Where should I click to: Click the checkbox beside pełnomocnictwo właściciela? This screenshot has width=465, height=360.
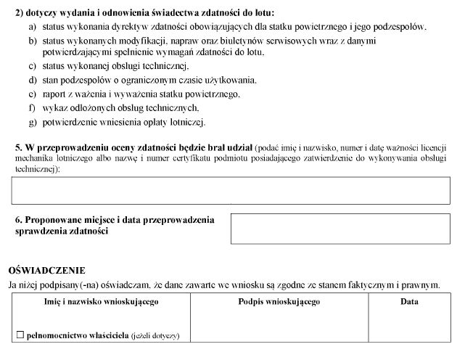click(21, 335)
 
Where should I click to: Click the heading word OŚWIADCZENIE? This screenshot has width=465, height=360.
click(46, 270)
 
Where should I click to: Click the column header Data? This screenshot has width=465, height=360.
click(409, 301)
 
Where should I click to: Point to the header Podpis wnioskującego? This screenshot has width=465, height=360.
click(279, 301)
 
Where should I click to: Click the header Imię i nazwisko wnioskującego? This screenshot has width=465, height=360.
click(101, 301)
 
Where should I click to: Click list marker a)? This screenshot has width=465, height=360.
click(33, 26)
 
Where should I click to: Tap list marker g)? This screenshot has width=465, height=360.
click(33, 121)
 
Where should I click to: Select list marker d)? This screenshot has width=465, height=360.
click(33, 80)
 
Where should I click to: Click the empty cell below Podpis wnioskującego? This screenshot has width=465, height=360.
click(279, 324)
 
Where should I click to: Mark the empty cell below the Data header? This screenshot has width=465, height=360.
click(409, 324)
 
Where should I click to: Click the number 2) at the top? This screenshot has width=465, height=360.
click(20, 12)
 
